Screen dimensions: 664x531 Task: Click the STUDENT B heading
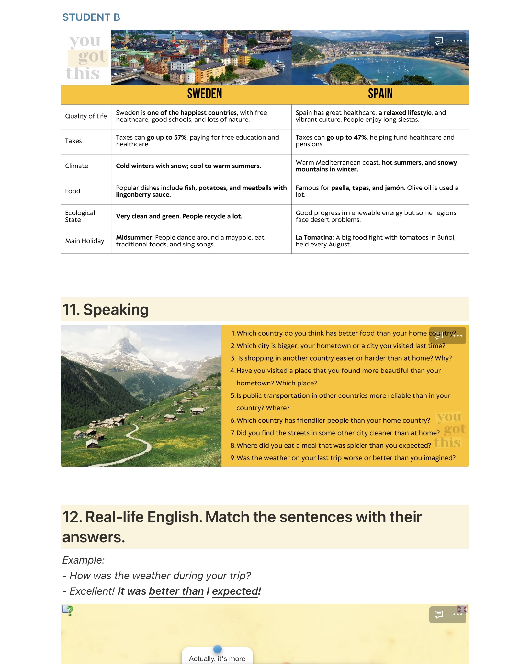(x=91, y=17)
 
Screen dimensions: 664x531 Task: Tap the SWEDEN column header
(x=205, y=94)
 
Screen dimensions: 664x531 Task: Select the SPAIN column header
(x=380, y=94)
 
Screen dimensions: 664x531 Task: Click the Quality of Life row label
(x=86, y=116)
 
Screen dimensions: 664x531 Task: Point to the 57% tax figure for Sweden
(x=180, y=137)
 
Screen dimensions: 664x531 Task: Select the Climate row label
(x=76, y=166)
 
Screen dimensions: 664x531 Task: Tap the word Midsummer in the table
(x=134, y=237)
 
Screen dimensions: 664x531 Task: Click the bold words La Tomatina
(x=314, y=237)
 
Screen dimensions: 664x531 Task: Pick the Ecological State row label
(x=80, y=216)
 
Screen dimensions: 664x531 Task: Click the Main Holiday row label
(x=85, y=241)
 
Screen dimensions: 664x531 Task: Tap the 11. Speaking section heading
(x=106, y=310)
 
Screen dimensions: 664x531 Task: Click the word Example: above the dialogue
(x=84, y=560)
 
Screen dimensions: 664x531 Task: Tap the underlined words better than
(x=176, y=591)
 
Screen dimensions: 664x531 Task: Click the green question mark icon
(x=68, y=611)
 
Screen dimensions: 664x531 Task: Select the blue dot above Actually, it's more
(x=218, y=649)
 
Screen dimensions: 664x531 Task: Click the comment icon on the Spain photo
(x=439, y=41)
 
